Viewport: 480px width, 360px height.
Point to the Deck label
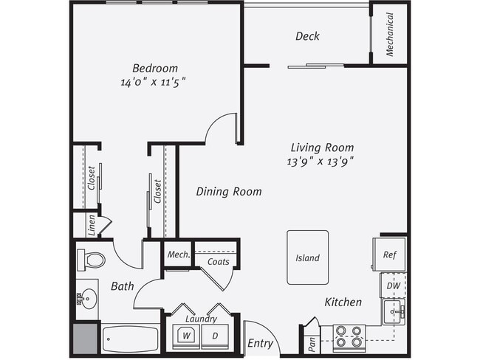click(307, 36)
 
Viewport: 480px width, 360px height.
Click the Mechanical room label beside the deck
click(389, 34)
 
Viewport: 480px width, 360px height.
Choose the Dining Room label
click(229, 192)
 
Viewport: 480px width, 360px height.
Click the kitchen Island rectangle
click(307, 257)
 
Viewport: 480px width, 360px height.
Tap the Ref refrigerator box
click(389, 255)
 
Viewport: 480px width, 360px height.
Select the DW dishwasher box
click(392, 285)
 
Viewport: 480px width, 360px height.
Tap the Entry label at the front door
click(261, 344)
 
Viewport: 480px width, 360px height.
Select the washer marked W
click(186, 335)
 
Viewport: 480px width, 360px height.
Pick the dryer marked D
click(216, 335)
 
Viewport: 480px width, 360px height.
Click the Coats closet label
click(219, 262)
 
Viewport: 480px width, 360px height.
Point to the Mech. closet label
click(178, 255)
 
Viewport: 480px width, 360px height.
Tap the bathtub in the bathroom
click(130, 339)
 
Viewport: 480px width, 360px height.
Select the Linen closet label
click(92, 223)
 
